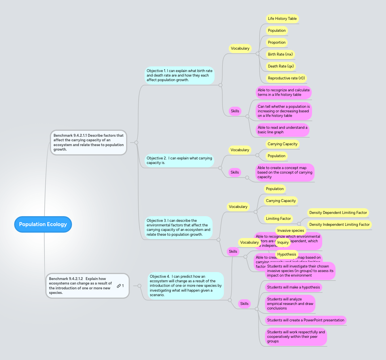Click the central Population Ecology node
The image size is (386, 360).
coord(43,224)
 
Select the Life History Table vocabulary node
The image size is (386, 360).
coord(282,19)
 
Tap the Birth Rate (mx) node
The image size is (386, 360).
coord(280,54)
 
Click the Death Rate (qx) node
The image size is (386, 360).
coord(281,66)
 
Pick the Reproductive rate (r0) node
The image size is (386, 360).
coord(286,78)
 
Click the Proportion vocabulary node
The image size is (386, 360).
coord(277,43)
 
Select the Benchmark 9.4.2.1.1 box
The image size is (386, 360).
coord(88,142)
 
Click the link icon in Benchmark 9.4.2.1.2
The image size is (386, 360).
coord(119,286)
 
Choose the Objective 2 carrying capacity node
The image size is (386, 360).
coord(179,161)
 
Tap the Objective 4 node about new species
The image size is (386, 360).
coord(186,286)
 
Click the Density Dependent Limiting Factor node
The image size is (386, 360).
coord(338,213)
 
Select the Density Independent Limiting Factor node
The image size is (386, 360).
coord(339,225)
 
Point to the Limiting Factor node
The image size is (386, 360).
coord(278,219)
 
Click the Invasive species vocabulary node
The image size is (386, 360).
coord(290,231)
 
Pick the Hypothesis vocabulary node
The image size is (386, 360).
coord(287,254)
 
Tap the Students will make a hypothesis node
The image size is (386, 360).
coord(293,287)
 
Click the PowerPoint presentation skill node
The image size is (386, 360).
coord(306,320)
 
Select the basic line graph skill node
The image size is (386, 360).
coord(282,130)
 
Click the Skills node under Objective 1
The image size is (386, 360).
coord(235,111)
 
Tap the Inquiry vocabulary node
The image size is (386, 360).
coord(283,243)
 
